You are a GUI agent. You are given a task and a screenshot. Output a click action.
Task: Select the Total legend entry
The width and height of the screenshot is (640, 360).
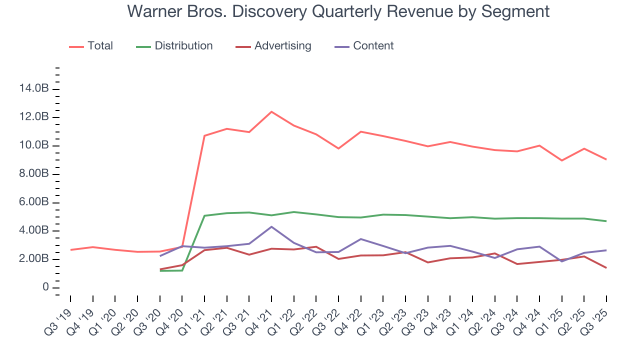100,46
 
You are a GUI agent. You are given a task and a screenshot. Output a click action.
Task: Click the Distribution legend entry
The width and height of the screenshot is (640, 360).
183,46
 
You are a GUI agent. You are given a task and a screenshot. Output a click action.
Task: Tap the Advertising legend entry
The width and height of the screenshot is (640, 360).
282,46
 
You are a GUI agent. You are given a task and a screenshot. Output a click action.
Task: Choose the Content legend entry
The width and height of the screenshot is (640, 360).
373,46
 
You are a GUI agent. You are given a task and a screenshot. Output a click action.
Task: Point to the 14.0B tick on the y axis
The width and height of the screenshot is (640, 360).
34,89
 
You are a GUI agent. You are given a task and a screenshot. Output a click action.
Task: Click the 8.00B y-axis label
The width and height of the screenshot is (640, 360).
34,174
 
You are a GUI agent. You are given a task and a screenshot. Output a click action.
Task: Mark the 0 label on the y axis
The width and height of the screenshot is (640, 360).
45,287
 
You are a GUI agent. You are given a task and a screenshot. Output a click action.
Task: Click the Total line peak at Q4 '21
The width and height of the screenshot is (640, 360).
271,111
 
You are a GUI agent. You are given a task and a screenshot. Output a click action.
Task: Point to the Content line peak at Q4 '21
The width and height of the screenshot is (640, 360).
271,226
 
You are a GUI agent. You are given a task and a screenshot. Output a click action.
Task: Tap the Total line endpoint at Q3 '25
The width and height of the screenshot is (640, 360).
606,159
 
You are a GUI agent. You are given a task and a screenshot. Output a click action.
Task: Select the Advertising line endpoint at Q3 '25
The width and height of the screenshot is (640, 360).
606,268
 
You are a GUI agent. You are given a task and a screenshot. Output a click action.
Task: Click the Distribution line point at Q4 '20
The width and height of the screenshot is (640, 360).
182,270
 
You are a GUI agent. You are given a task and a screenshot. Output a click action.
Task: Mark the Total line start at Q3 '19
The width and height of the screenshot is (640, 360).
70,249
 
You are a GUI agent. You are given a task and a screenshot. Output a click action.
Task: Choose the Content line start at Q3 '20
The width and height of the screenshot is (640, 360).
160,256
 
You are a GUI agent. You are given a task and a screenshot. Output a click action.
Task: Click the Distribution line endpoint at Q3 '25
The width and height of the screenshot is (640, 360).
606,221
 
